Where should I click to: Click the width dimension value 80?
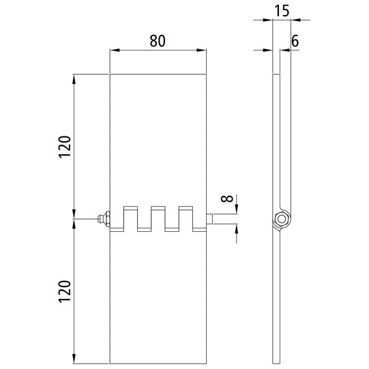[x=158, y=40]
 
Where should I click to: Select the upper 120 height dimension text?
[x=63, y=147]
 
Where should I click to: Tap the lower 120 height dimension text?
[x=63, y=294]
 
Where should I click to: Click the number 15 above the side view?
[x=281, y=12]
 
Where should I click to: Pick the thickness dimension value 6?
[x=295, y=40]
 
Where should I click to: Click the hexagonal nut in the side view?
[x=280, y=219]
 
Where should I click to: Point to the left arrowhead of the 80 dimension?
[x=114, y=50]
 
